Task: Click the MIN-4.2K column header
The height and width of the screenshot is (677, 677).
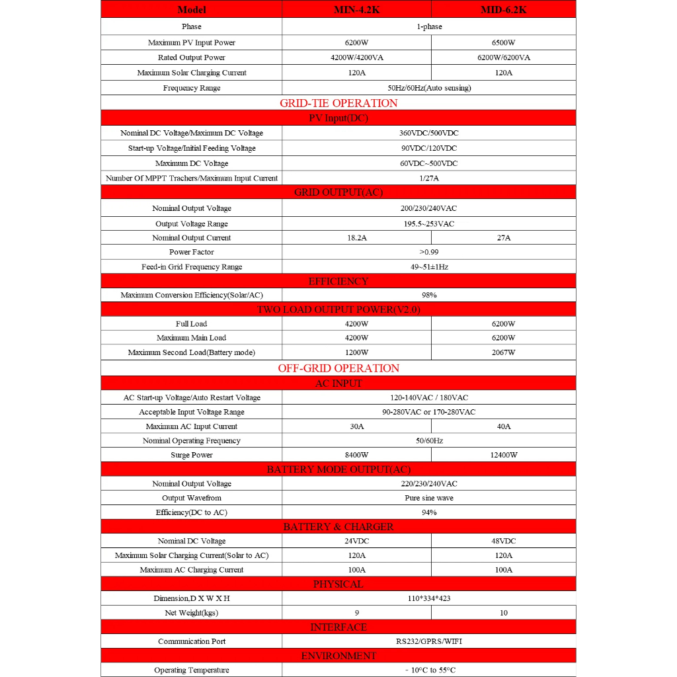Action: tap(356, 9)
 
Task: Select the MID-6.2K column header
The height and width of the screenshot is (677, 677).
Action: tap(504, 9)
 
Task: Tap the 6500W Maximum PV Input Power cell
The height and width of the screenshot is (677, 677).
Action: tap(504, 42)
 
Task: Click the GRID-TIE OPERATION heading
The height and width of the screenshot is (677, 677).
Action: tap(338, 103)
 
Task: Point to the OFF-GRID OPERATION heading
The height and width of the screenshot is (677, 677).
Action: tap(338, 368)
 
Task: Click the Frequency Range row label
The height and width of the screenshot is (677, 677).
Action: tap(192, 88)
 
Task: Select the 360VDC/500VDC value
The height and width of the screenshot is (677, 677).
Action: tap(429, 133)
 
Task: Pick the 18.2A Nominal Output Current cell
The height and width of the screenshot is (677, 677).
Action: tap(356, 238)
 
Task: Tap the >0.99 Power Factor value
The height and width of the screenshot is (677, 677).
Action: tap(429, 252)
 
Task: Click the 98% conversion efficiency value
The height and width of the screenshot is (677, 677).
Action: tap(429, 295)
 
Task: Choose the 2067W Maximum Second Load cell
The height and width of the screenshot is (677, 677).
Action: tap(504, 352)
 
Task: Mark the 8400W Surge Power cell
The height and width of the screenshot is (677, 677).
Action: tap(356, 455)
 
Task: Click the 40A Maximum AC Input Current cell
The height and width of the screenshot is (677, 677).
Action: tap(504, 426)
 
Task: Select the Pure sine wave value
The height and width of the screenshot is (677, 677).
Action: tap(429, 498)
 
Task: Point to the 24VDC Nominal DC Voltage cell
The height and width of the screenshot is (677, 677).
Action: tap(356, 541)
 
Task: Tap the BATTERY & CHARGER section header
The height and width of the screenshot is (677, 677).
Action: tap(338, 527)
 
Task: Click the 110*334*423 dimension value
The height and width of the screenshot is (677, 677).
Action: tap(429, 598)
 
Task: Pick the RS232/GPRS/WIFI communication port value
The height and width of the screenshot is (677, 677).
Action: tap(429, 641)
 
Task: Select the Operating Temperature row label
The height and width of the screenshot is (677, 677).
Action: tap(192, 670)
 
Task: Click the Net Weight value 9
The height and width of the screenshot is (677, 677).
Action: tap(356, 613)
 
